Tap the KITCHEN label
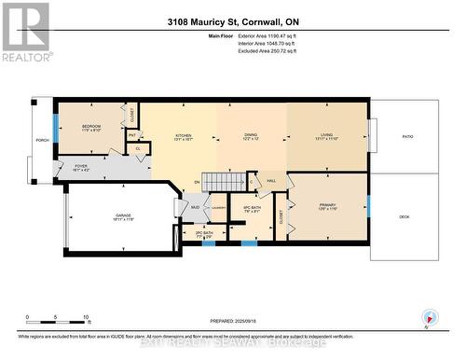tap(184, 135)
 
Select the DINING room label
tap(251, 135)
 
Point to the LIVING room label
tap(326, 135)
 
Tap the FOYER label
tap(81, 167)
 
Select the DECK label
tap(404, 215)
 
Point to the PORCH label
tap(42, 142)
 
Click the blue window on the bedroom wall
tap(55, 130)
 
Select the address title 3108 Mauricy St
tap(233, 20)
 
